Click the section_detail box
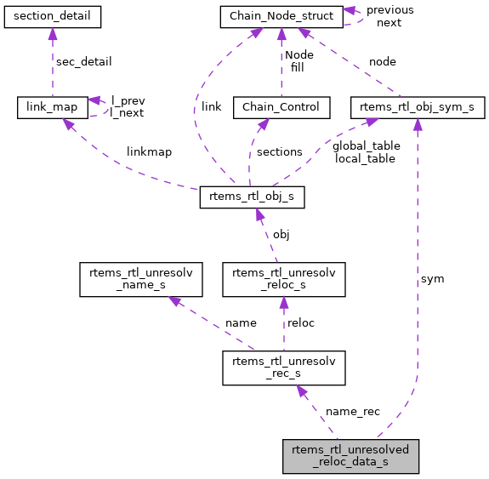pyautogui.click(x=52, y=15)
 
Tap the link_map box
pyautogui.click(x=52, y=107)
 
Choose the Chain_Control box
pyautogui.click(x=281, y=107)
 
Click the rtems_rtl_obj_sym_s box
pyautogui.click(x=418, y=107)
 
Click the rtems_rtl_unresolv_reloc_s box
pyautogui.click(x=283, y=278)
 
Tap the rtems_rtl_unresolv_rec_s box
pyautogui.click(x=283, y=368)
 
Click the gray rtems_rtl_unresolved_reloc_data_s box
pyautogui.click(x=350, y=457)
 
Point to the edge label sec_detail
pyautogui.click(x=83, y=62)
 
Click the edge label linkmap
pyautogui.click(x=149, y=152)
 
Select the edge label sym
pyautogui.click(x=431, y=278)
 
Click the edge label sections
pyautogui.click(x=279, y=152)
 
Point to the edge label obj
pyautogui.click(x=281, y=234)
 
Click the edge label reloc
pyautogui.click(x=301, y=323)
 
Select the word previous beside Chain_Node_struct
pyautogui.click(x=389, y=10)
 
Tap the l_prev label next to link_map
pyautogui.click(x=128, y=100)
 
